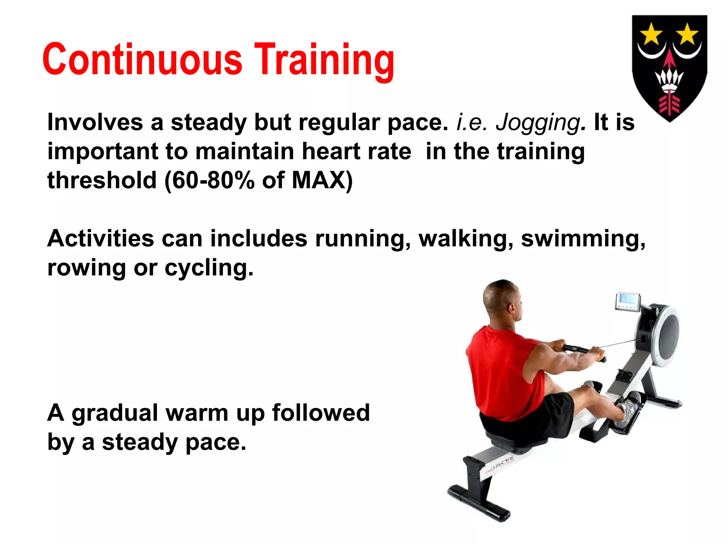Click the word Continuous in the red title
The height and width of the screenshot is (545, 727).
(x=142, y=60)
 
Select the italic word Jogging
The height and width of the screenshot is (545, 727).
(x=537, y=123)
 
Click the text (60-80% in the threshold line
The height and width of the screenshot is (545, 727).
(x=209, y=180)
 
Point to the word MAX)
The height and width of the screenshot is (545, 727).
(x=322, y=180)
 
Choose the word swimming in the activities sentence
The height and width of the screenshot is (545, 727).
(x=583, y=238)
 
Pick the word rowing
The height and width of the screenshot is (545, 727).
(x=86, y=268)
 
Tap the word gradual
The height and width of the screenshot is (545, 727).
(x=115, y=414)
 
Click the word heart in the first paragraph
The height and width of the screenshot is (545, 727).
(x=331, y=152)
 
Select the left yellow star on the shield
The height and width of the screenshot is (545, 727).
(x=651, y=34)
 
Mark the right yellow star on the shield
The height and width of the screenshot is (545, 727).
(x=688, y=34)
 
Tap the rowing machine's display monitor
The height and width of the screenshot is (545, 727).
(x=627, y=302)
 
